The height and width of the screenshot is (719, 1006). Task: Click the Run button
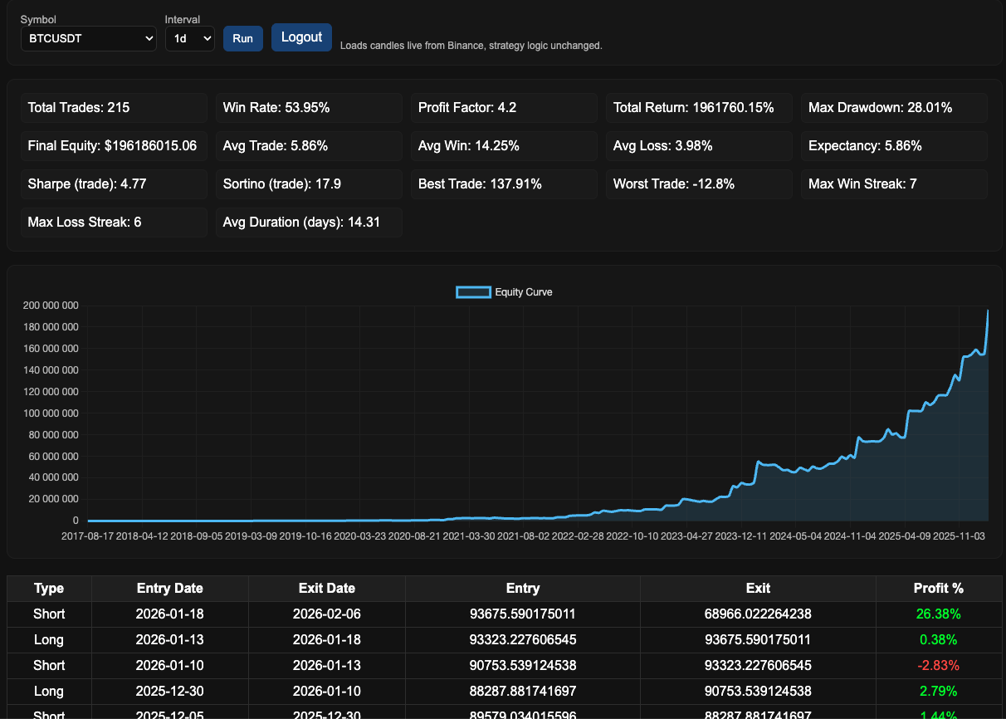point(242,38)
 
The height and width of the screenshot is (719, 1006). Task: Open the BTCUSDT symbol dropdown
point(89,38)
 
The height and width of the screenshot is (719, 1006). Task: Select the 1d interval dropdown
point(189,38)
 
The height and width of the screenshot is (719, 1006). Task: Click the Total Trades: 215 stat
point(114,108)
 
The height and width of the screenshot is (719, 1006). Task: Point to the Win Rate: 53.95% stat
point(309,108)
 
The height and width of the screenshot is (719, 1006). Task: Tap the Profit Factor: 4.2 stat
point(504,108)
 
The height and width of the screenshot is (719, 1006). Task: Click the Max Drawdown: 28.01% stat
point(894,108)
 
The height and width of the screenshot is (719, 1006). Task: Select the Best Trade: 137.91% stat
point(504,184)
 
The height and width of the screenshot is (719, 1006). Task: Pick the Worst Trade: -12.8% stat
point(699,184)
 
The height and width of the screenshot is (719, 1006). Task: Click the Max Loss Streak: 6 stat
point(114,223)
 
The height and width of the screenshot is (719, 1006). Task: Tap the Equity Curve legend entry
point(504,292)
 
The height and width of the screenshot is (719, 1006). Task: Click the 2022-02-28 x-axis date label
point(578,536)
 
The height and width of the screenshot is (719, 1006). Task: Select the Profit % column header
point(939,589)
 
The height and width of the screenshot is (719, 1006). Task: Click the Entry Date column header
point(169,589)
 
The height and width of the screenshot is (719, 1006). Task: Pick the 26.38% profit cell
point(940,614)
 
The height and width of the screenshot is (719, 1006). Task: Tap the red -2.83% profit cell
point(940,665)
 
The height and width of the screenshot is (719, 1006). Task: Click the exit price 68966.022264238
point(758,614)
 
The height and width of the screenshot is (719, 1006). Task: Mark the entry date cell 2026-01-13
point(169,640)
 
